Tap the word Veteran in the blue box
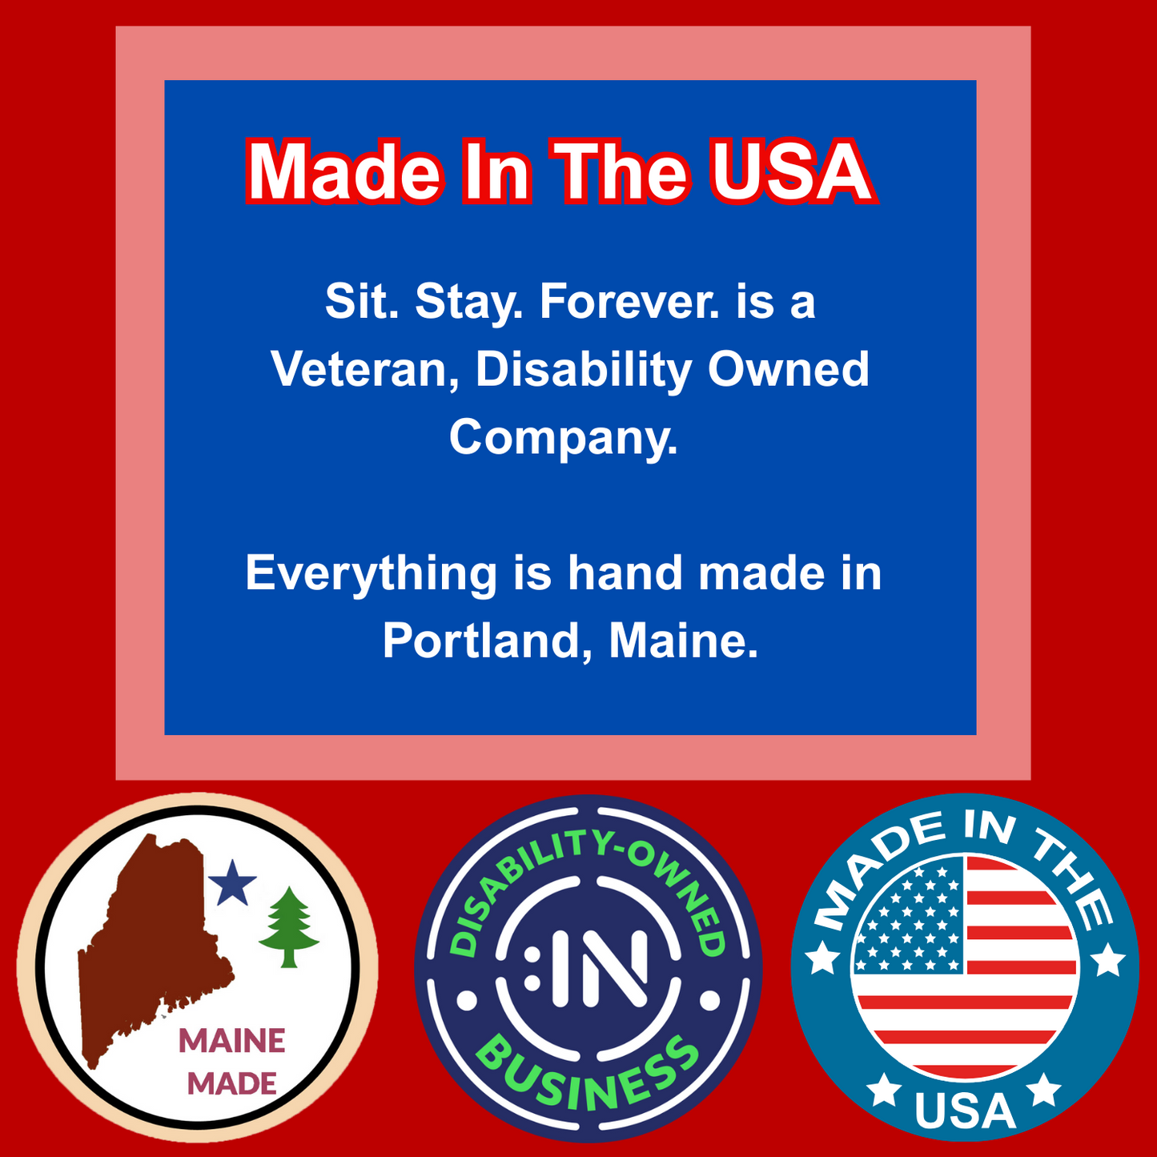tap(360, 369)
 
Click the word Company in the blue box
tap(563, 437)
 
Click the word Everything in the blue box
tap(372, 574)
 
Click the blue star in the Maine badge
tap(232, 883)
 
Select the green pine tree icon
tap(289, 926)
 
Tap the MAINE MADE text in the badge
tap(232, 1062)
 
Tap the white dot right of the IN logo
tap(710, 1000)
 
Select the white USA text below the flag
tap(965, 1112)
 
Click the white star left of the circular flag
tap(822, 958)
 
